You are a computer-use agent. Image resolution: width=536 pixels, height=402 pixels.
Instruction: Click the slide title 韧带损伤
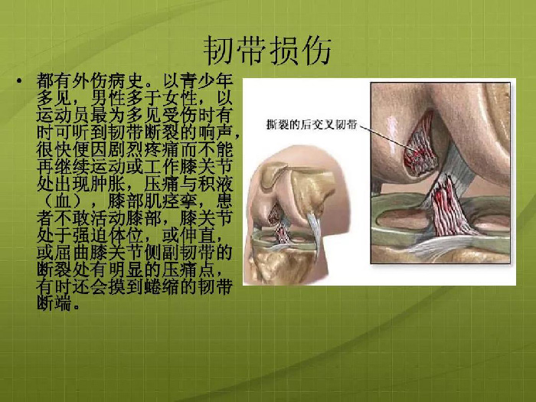point(267,51)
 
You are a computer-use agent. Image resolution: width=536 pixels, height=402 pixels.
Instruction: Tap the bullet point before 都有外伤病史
point(19,81)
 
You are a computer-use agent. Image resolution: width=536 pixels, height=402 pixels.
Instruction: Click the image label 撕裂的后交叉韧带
point(312,124)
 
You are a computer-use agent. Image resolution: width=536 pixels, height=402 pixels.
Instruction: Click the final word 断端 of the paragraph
point(54,303)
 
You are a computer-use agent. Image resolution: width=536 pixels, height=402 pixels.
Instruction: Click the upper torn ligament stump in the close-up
point(419,147)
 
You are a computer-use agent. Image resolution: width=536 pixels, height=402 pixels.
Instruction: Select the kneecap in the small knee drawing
point(273,175)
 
